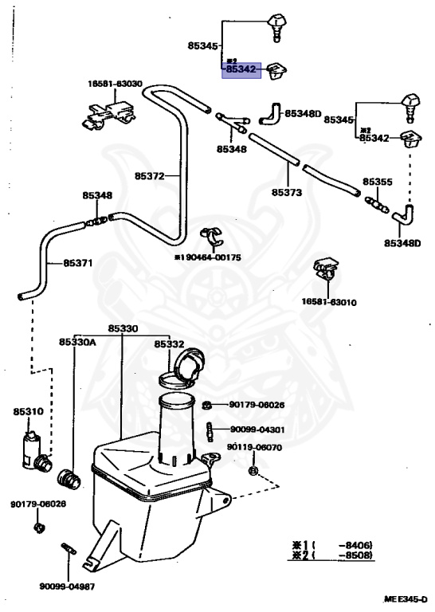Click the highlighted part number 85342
click(x=241, y=69)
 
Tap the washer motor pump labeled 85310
click(x=35, y=453)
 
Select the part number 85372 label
click(x=150, y=176)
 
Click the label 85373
click(x=287, y=192)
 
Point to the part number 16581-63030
click(x=115, y=84)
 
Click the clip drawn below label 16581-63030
click(x=108, y=115)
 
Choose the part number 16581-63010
click(x=329, y=302)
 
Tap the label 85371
click(x=78, y=263)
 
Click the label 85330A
click(x=77, y=342)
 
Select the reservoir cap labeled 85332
click(x=182, y=369)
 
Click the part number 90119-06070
click(x=254, y=447)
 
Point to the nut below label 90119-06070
click(x=253, y=471)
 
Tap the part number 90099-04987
click(x=67, y=586)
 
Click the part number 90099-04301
click(x=257, y=430)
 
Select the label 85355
click(x=378, y=182)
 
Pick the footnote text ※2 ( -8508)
click(x=332, y=555)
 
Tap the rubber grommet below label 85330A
click(x=69, y=479)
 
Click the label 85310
click(x=29, y=411)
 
